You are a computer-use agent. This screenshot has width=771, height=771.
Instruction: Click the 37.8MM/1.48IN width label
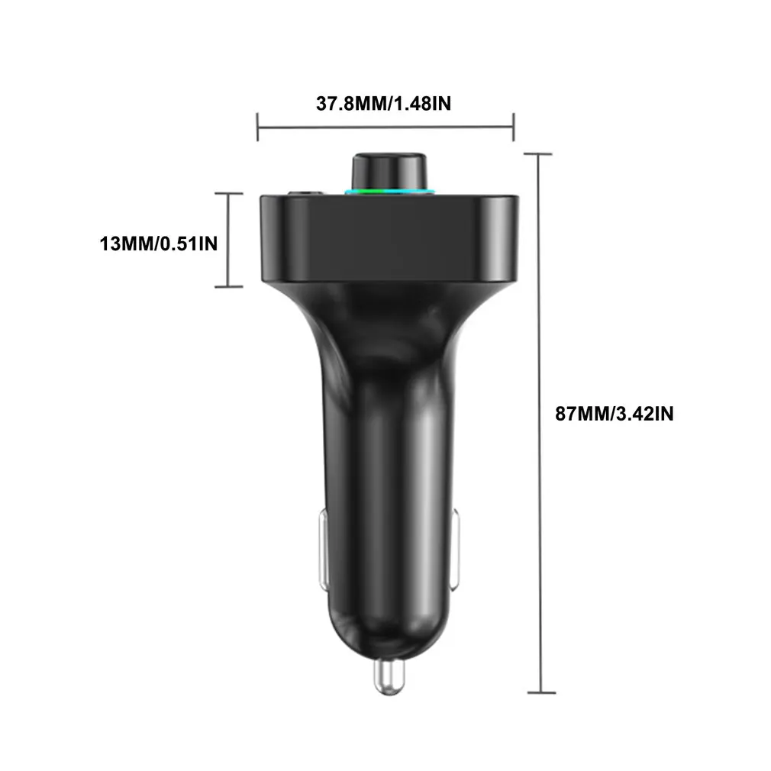(x=383, y=103)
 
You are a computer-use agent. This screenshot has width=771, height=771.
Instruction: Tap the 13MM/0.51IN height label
(x=159, y=244)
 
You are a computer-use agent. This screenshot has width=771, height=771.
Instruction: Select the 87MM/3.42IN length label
(x=614, y=415)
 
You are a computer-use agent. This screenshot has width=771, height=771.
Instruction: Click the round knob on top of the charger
(x=389, y=170)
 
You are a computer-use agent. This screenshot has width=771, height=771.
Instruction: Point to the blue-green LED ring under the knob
(x=389, y=191)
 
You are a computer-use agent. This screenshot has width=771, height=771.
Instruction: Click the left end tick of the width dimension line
(x=258, y=127)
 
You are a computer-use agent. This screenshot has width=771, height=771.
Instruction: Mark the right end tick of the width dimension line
(x=514, y=127)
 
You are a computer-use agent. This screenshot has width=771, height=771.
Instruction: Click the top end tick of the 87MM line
(x=539, y=154)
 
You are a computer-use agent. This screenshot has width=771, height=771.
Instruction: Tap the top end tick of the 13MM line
(x=229, y=194)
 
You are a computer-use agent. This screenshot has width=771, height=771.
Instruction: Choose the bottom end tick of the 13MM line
(x=229, y=286)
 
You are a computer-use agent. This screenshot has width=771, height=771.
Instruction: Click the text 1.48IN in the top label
(x=421, y=103)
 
